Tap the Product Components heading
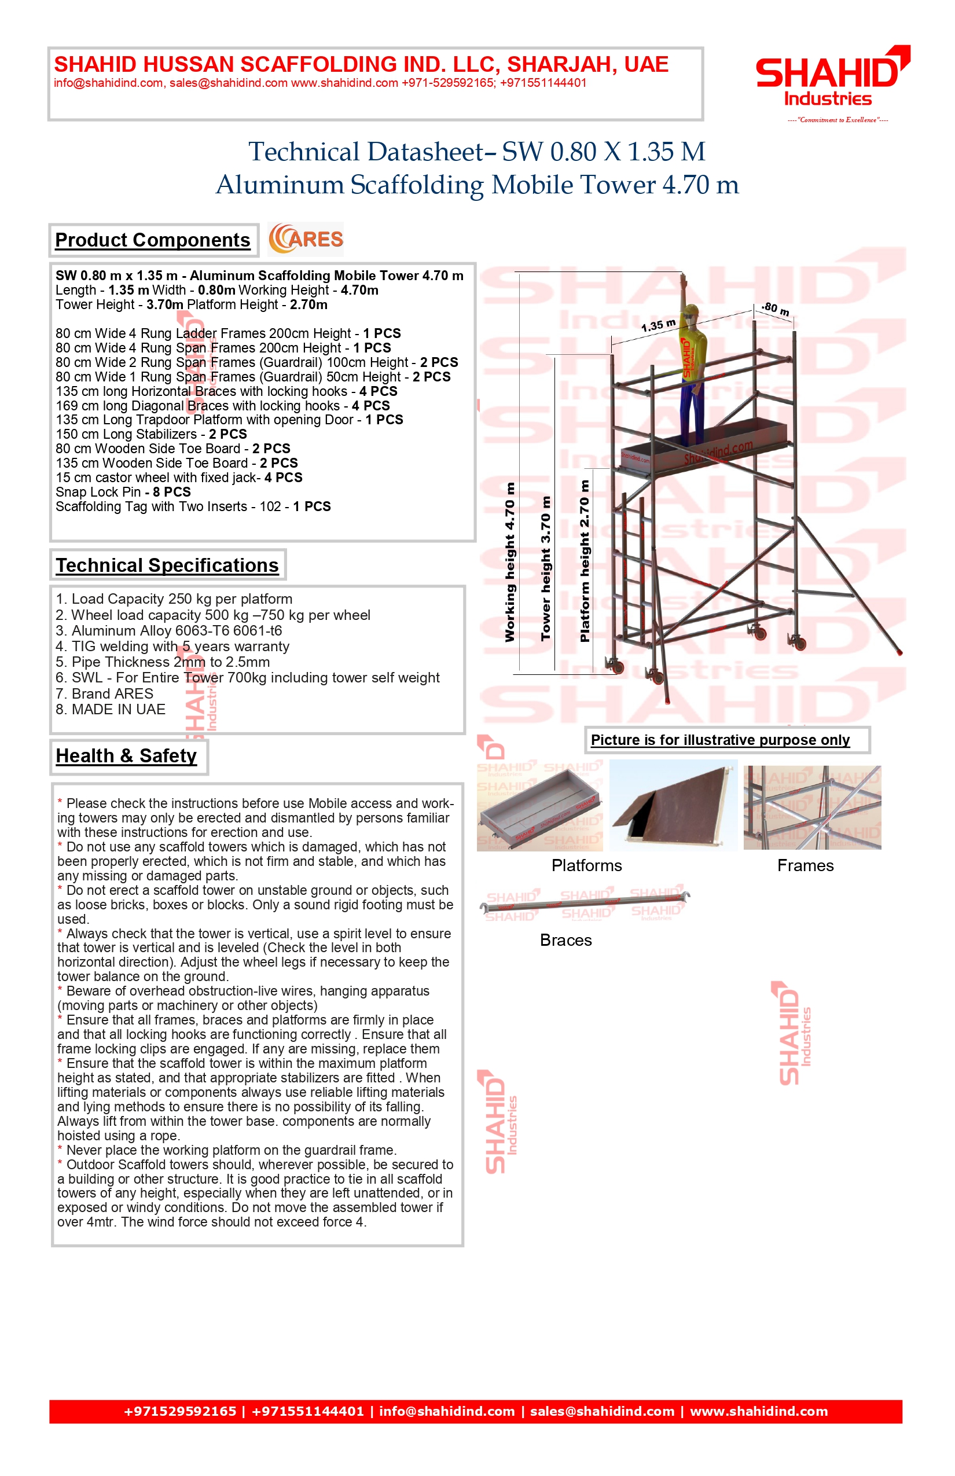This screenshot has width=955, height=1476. [153, 240]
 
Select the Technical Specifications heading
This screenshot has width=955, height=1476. [167, 565]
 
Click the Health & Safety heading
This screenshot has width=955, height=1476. [126, 756]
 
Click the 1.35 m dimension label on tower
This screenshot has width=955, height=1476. [658, 325]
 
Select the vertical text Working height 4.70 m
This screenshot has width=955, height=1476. [510, 562]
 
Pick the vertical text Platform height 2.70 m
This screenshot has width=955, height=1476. [584, 561]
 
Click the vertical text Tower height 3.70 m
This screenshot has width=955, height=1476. [546, 568]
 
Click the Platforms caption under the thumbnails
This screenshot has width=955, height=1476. [587, 866]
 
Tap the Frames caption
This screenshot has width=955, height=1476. [805, 866]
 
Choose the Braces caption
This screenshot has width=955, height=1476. [565, 940]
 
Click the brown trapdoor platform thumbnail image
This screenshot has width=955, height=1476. [674, 805]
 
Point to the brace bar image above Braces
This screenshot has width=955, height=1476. [585, 904]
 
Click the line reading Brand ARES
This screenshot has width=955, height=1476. [104, 693]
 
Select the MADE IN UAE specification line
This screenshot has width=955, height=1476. [111, 710]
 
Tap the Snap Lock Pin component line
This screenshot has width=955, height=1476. [123, 492]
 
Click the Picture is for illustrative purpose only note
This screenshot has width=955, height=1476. [720, 740]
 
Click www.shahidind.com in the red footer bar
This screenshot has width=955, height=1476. [758, 1412]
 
